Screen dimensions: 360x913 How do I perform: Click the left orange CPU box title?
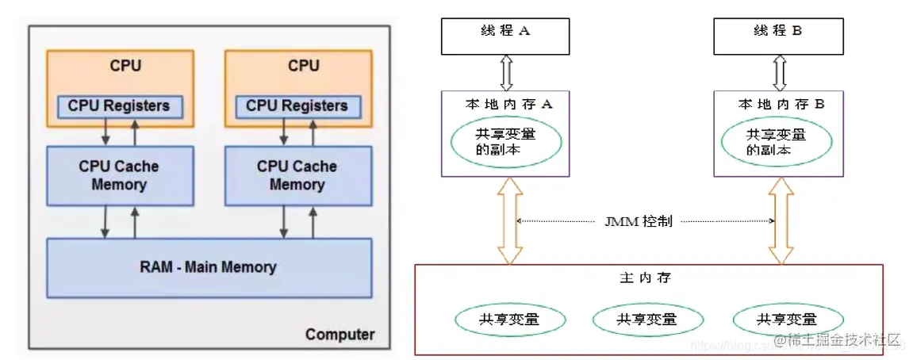coord(125,66)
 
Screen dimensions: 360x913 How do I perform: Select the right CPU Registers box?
coord(297,105)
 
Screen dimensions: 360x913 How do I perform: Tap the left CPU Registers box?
coord(119,105)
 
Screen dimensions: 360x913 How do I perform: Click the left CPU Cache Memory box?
coord(119,176)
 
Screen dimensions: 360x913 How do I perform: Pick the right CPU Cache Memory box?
coord(297,176)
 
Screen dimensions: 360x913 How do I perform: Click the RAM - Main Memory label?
coord(209,266)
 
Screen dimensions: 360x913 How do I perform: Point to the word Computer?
coord(339,335)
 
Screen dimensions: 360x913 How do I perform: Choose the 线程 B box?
coord(780,32)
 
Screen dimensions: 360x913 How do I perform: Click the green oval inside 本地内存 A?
coord(507,142)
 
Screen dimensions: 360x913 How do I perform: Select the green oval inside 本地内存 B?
coord(778,142)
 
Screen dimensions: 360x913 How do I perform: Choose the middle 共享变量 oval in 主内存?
coord(647,320)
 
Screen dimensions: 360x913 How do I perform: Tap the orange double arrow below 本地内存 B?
coord(781,220)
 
